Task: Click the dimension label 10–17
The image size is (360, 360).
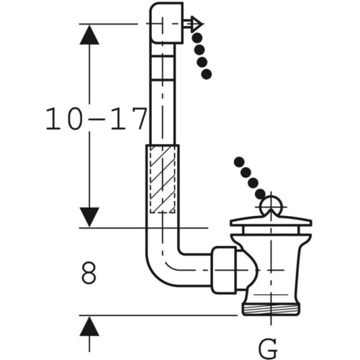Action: click(x=96, y=119)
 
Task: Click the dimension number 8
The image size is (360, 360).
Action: click(x=89, y=273)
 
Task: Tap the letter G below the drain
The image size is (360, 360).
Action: click(x=268, y=348)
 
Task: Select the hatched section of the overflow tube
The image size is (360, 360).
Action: click(x=163, y=179)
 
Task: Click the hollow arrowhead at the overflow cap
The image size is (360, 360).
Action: click(x=197, y=24)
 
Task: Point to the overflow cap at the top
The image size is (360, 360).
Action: click(x=166, y=23)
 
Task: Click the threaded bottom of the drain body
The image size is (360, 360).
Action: click(x=271, y=310)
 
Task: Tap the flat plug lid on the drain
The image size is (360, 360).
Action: click(x=271, y=221)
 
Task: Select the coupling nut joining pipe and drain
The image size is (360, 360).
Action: click(x=224, y=270)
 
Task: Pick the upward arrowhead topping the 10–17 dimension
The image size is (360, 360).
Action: click(x=89, y=35)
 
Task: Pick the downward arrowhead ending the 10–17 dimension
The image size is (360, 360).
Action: click(x=89, y=217)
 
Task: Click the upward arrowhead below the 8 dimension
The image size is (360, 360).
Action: click(x=89, y=326)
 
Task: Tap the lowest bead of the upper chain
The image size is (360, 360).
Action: click(x=207, y=74)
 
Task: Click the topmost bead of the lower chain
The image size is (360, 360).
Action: click(x=239, y=162)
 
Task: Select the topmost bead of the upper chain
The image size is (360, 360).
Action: click(x=197, y=38)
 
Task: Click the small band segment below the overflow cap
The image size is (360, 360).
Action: click(x=163, y=68)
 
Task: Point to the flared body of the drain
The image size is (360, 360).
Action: click(x=271, y=266)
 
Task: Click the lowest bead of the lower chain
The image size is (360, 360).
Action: click(x=260, y=194)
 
